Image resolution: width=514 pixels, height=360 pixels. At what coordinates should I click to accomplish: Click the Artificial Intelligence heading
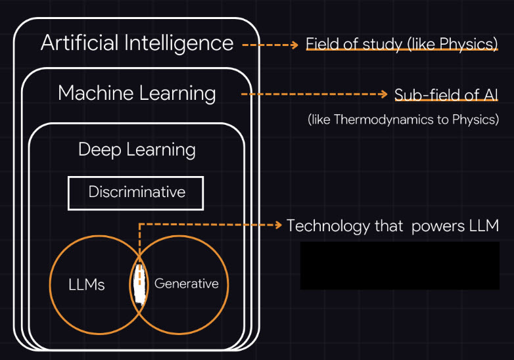click(137, 43)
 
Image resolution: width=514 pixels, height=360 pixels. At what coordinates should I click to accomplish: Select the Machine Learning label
click(137, 93)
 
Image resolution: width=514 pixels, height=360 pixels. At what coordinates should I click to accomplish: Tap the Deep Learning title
click(137, 149)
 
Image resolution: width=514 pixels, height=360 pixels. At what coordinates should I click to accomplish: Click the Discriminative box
click(136, 192)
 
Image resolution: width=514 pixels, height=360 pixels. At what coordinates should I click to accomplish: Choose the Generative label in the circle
click(186, 284)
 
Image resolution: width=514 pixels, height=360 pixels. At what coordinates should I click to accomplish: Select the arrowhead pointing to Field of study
click(294, 45)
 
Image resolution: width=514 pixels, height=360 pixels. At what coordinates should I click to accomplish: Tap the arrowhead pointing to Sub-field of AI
click(384, 95)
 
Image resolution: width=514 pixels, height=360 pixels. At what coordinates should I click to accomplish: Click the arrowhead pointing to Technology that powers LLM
click(277, 225)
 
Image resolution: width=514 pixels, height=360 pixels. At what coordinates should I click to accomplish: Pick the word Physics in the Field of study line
click(469, 45)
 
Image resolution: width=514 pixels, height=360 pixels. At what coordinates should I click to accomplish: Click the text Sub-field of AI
click(446, 95)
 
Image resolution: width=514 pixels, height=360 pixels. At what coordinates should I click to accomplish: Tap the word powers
click(436, 226)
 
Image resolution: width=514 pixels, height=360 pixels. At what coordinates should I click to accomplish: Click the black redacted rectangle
click(400, 265)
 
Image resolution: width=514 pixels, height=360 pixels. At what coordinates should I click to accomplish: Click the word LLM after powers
click(483, 226)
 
